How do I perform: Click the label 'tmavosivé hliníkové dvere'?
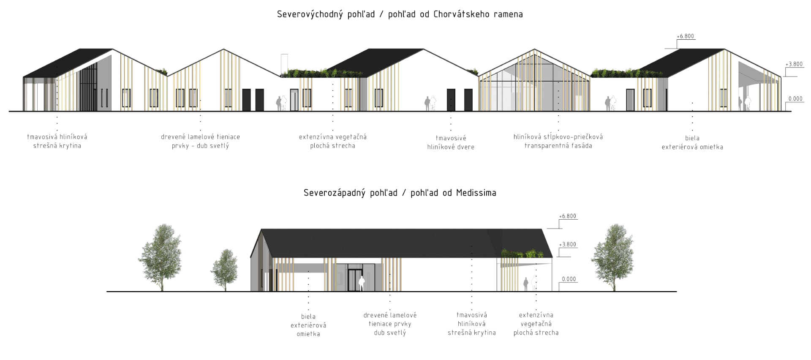click(451, 142)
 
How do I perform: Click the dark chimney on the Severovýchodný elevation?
click(284, 62)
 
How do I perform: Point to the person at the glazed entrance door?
click(362, 283)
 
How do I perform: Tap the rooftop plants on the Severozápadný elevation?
click(524, 253)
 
